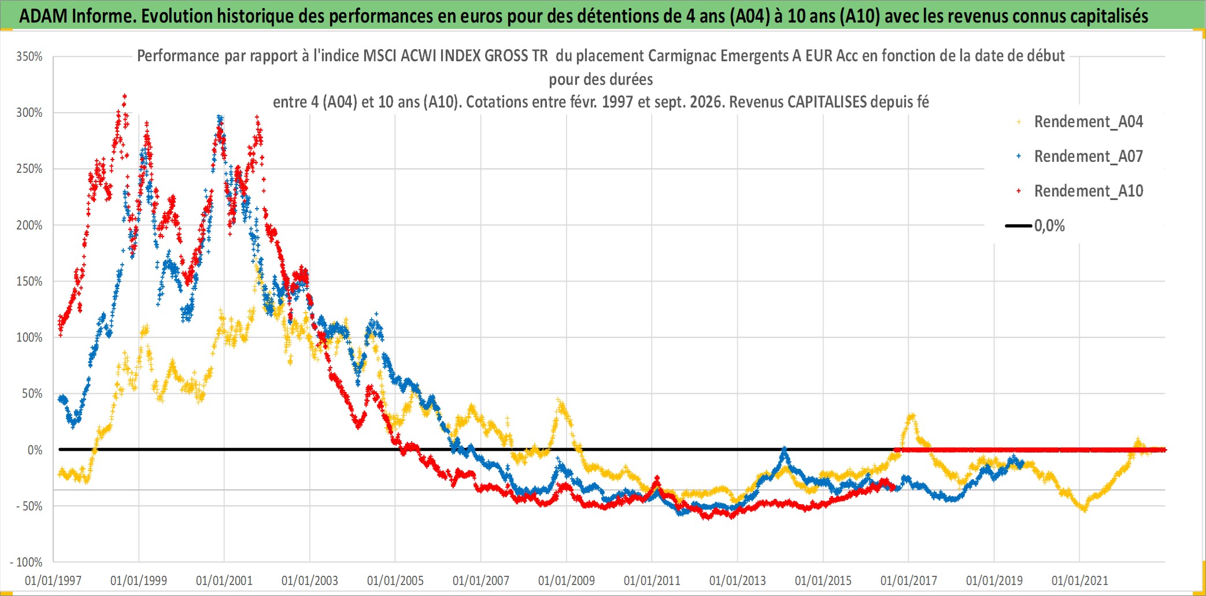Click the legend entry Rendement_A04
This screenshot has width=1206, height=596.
[x=1080, y=122]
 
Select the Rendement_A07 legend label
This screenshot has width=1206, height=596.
[x=1080, y=157]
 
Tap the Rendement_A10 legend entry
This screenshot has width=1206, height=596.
[x=1080, y=191]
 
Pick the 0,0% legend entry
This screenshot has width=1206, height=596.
[x=1035, y=225]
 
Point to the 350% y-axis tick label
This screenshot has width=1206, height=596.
[x=29, y=57]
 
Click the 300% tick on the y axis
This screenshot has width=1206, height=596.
[x=29, y=113]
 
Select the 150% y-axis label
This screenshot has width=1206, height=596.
[x=29, y=282]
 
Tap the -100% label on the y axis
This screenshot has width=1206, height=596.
[x=27, y=562]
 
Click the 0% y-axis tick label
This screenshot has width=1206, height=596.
[x=35, y=450]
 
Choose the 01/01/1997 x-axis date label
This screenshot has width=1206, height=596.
[x=53, y=580]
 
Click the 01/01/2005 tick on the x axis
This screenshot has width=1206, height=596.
[x=395, y=580]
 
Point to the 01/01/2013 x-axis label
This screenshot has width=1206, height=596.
[x=738, y=580]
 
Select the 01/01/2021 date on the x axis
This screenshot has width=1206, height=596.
[x=1080, y=580]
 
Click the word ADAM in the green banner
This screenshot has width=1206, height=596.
[x=43, y=16]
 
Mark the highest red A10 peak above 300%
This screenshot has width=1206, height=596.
[x=124, y=97]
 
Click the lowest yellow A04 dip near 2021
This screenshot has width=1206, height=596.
[x=1084, y=509]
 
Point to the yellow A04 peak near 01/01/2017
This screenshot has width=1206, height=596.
[x=912, y=415]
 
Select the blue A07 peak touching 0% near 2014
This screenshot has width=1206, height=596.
[x=785, y=449]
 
